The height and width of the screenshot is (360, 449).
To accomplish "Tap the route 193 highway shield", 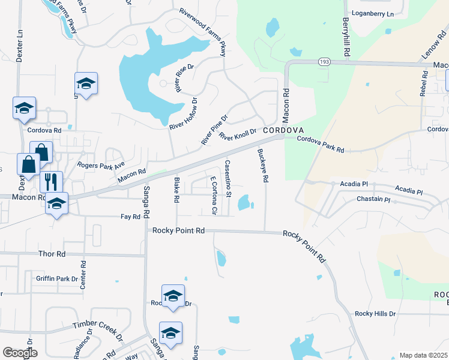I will tap(324, 62).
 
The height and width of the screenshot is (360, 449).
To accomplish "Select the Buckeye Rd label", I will tap(262, 166).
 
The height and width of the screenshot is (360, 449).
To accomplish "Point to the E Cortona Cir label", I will tap(213, 195).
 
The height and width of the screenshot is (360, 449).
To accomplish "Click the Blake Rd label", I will tap(176, 190).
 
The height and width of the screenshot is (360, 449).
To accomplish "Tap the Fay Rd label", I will tap(130, 216).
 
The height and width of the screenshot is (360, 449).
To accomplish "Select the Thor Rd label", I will tap(52, 254).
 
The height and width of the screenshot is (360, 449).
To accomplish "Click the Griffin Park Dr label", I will tap(57, 278).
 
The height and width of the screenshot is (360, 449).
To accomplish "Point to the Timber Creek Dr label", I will tap(97, 323).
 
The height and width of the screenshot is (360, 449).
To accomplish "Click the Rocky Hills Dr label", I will tap(375, 314).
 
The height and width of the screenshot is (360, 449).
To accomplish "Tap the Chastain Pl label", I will tap(373, 199).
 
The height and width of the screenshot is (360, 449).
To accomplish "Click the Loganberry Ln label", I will tap(372, 13).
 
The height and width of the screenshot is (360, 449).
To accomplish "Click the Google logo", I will tap(20, 352).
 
